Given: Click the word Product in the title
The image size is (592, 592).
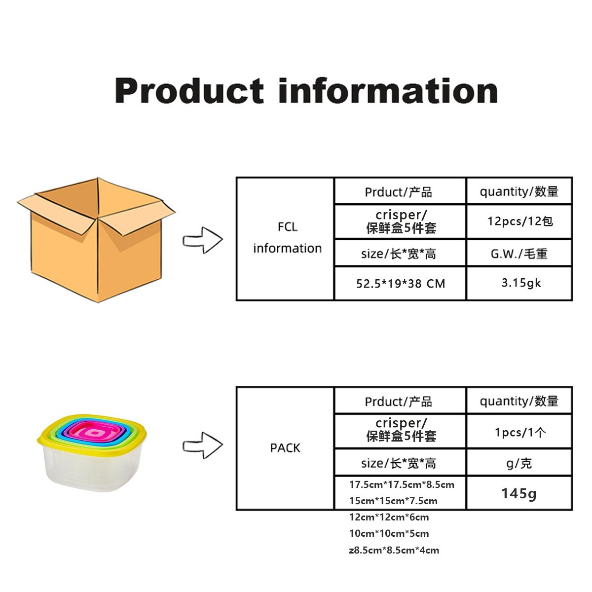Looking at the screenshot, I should [x=189, y=91].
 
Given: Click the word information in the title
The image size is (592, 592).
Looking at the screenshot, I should [x=388, y=91].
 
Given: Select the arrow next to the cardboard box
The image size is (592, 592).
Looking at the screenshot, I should [x=203, y=241].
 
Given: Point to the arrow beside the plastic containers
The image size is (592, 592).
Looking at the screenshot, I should [x=203, y=445].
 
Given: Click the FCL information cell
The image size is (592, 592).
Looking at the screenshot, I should [x=287, y=238].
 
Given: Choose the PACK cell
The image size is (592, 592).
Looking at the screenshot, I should [x=285, y=448].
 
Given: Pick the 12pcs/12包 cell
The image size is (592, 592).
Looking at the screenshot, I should [x=520, y=222].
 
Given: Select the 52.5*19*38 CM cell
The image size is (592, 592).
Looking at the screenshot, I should [x=401, y=284].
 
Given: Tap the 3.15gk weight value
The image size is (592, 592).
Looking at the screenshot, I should [x=521, y=283].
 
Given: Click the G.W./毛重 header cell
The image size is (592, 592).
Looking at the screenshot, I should [x=519, y=254].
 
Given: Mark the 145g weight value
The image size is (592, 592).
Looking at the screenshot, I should [x=519, y=493].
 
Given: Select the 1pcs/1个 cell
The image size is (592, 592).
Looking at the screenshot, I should [x=520, y=433].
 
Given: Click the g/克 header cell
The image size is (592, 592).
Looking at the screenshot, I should [x=519, y=463].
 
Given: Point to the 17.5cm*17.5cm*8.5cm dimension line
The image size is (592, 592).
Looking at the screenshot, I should [x=402, y=484].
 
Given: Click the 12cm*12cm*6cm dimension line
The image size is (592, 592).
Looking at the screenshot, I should [x=389, y=517].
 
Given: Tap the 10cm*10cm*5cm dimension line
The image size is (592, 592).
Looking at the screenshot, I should [x=389, y=533].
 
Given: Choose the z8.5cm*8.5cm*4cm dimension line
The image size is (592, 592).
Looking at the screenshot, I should [x=394, y=550].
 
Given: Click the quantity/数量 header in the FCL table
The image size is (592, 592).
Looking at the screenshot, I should [x=519, y=191].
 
